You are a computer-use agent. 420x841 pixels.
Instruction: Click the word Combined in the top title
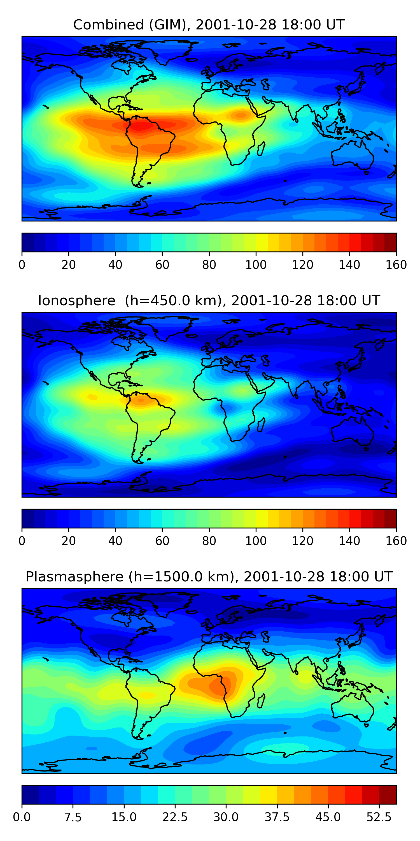point(108,25)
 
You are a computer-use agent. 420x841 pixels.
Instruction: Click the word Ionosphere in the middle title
point(77,301)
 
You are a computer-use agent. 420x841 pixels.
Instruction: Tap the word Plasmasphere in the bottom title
point(74,577)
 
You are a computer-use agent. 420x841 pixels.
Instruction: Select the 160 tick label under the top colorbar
point(396,265)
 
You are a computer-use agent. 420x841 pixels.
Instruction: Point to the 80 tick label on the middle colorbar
point(209,541)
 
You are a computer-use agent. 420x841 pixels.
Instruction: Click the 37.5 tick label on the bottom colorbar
point(277,817)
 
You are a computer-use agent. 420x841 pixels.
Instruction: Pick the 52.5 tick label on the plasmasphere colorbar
point(379,817)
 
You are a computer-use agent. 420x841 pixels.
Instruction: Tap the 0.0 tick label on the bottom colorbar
point(22,817)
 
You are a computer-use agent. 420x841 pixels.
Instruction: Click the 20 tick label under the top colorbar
point(69,265)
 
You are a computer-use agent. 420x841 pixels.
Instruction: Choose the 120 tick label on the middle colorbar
point(303,541)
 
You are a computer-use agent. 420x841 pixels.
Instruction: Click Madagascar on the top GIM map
point(261,149)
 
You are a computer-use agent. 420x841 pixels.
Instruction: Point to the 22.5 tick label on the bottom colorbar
point(175,817)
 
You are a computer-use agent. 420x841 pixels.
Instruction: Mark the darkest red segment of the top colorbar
point(390,242)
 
